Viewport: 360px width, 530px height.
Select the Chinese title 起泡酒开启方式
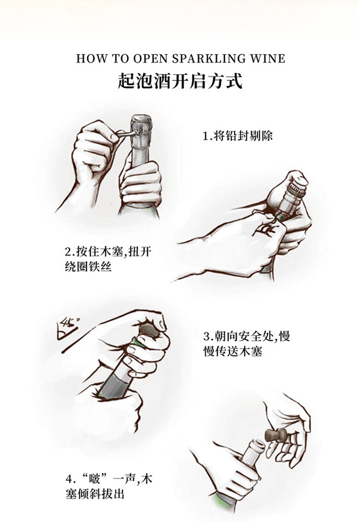click(x=180, y=82)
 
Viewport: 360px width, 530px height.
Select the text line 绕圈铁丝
click(x=88, y=267)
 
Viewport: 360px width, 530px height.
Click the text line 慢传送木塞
click(x=233, y=351)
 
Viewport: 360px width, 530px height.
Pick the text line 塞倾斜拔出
click(x=95, y=494)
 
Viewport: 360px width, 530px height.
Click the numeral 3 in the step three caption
click(x=207, y=337)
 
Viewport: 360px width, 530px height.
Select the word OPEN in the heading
click(x=149, y=59)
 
